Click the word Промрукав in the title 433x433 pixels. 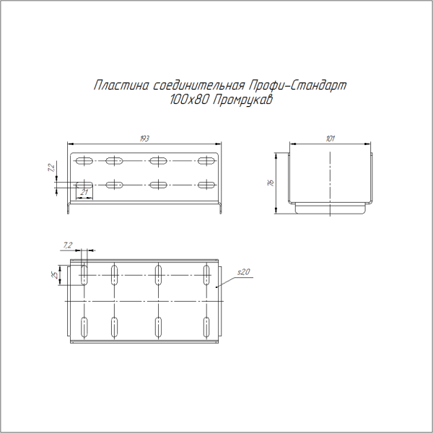coord(242,101)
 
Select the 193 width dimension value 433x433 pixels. coord(144,139)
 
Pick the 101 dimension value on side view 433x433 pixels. coord(330,139)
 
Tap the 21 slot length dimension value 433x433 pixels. coord(84,192)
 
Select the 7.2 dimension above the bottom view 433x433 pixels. coord(69,245)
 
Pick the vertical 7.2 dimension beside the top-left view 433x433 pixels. coord(51,167)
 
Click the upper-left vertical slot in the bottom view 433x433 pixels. coord(84,274)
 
